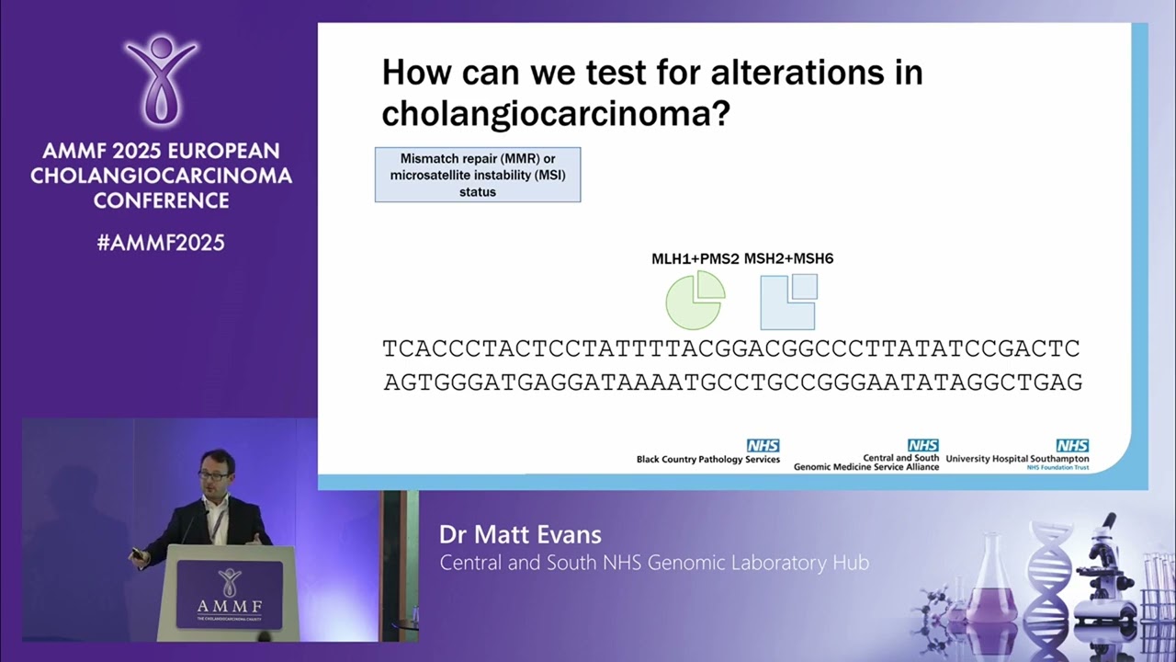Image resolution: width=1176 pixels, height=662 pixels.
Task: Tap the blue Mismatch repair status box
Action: coord(477,174)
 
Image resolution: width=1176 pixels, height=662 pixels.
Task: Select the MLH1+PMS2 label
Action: coord(695,258)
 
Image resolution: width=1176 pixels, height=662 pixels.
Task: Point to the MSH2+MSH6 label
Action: coord(788,258)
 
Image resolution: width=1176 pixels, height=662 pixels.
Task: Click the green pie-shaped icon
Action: coord(695,300)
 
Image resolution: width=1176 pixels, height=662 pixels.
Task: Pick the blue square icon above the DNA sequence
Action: coord(788,302)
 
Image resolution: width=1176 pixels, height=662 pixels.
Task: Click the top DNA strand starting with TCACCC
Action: coord(730,349)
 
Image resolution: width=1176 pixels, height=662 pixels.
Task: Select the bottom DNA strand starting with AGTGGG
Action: coord(732,382)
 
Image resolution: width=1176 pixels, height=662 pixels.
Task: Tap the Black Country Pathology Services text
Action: coord(707,459)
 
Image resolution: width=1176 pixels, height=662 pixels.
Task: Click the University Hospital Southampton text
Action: coord(1017,459)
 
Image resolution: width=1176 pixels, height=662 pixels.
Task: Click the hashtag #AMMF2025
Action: coord(161,243)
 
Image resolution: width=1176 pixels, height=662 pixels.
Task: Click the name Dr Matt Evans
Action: coord(520,535)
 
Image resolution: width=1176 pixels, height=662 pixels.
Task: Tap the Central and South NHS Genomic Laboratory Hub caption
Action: coord(653,563)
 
